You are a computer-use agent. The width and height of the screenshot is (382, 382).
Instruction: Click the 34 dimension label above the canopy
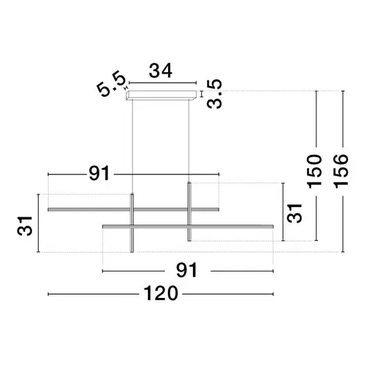coord(160,71)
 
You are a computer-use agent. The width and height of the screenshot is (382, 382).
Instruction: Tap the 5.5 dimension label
coord(111,84)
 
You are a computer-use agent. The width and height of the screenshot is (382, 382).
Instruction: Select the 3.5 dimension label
coord(215,94)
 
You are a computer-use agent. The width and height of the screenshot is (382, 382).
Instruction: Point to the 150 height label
coord(314,172)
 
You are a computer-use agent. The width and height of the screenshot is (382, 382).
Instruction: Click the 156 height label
coord(341,172)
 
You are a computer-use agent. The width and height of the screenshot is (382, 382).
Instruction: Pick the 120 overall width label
coord(161,293)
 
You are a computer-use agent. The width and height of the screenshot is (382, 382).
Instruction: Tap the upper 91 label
coord(99,173)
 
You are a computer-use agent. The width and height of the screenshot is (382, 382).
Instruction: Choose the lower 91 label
coord(187,270)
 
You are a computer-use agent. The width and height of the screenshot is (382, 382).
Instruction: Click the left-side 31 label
coord(24,226)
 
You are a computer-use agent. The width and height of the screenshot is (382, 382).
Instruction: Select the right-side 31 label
coord(294,213)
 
